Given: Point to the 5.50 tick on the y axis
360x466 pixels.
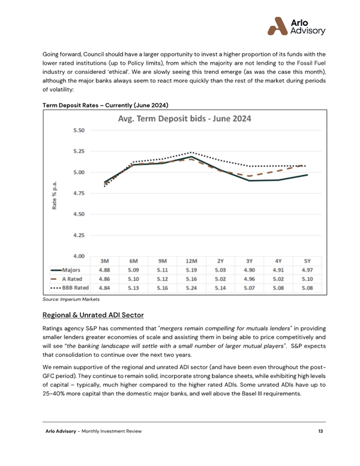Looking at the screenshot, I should (x=78, y=130).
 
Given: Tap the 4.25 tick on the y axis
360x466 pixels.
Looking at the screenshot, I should (x=78, y=235).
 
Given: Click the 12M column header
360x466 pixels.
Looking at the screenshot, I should (x=191, y=261).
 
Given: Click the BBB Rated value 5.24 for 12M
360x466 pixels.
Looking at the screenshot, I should (x=191, y=288).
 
